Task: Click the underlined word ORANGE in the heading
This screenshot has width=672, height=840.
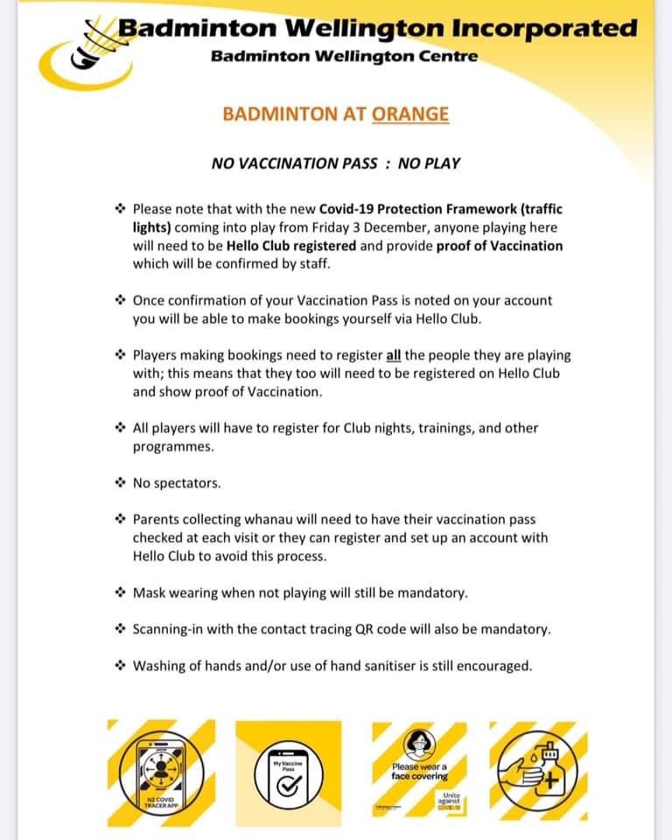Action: point(410,114)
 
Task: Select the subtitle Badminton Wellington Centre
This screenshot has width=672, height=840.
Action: point(344,57)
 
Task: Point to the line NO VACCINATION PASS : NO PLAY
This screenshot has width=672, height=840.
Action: point(336,164)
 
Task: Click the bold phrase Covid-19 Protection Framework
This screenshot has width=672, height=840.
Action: point(424,210)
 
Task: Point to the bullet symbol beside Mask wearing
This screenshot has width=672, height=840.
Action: point(121,592)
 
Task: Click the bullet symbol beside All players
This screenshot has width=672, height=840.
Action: point(121,428)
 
